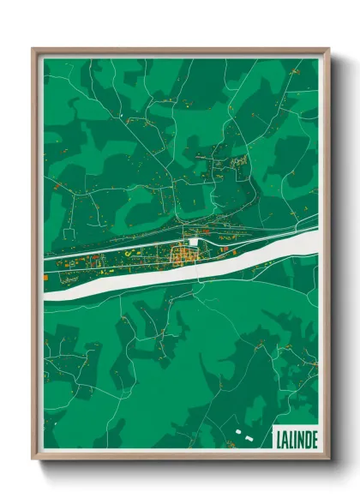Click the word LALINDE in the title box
(x=296, y=439)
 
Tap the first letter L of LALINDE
(x=279, y=439)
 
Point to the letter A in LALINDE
(x=285, y=439)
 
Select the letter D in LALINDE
(x=307, y=439)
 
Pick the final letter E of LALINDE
(x=314, y=439)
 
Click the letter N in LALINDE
(x=300, y=439)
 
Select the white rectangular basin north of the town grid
(x=197, y=243)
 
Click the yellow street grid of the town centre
(x=183, y=254)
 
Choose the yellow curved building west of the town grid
(x=130, y=254)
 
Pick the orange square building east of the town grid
(x=225, y=250)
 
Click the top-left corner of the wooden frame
(x=33, y=50)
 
